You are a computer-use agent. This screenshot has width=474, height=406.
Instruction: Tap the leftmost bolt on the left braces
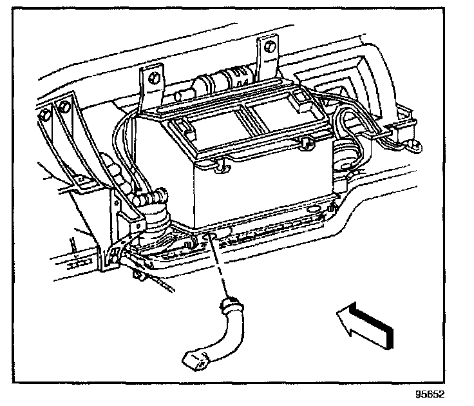(x=44, y=115)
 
